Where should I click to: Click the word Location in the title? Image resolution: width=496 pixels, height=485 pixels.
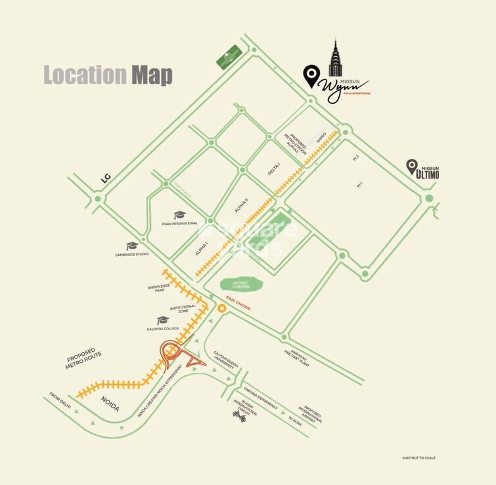(85, 75)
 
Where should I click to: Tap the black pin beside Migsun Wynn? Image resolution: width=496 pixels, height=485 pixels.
(311, 75)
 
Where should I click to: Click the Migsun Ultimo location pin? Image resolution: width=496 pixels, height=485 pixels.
(411, 167)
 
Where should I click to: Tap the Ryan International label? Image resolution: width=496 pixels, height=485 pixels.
(179, 223)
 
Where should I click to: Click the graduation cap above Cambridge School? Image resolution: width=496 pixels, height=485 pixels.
(132, 246)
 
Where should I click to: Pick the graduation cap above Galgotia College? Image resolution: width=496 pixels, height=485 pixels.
(164, 320)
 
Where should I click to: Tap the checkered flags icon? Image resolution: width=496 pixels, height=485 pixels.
(238, 414)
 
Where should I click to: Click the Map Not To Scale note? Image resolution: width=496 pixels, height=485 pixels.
(418, 457)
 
